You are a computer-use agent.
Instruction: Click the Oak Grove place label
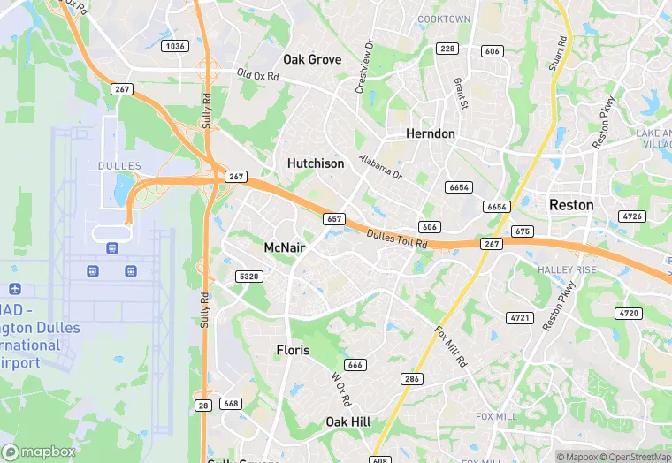pos(312,59)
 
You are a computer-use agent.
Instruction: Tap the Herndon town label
pos(430,133)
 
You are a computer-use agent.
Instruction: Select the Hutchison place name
pos(316,163)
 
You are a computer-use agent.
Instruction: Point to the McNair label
pos(285,248)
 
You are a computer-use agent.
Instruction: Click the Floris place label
pos(293,350)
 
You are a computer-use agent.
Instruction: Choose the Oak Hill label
pos(348,421)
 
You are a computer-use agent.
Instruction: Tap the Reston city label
pos(571,204)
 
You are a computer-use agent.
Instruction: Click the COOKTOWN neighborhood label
pos(444,19)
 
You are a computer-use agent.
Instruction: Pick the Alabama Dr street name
pos(381,167)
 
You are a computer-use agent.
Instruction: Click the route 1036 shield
pos(175,45)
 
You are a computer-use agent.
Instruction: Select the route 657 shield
pos(333,218)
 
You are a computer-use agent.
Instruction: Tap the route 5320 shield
pos(249,277)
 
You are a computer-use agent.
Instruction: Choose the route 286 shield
pos(411,379)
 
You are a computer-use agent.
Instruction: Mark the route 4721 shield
pos(519,317)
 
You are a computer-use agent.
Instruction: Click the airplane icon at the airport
pos(15,289)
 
